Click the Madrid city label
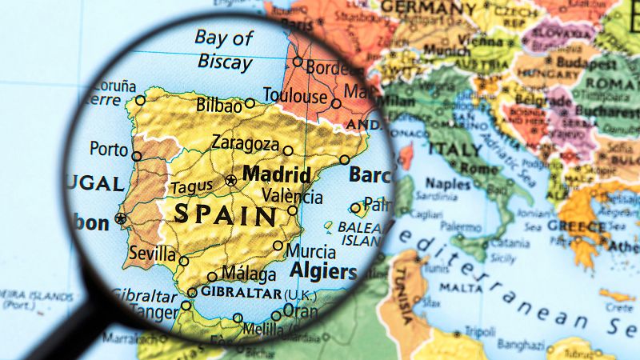pos(276,174)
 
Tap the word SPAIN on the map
pos(226,214)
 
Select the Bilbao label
pos(218,106)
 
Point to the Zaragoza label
pos(245,144)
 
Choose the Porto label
pos(109,149)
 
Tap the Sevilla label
pos(151,254)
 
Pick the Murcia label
pos(310,251)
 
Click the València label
pos(293,197)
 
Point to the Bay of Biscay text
pos(223,50)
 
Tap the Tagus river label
pos(191,188)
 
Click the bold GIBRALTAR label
pos(241,293)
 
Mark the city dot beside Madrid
pos(232,180)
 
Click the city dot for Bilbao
pos(250,103)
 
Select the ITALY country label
pos(454,149)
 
